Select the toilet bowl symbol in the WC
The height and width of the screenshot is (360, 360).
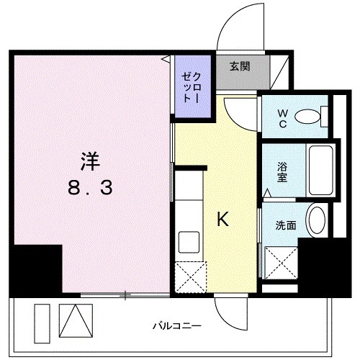tap(310, 115)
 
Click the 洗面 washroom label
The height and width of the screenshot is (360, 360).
tap(285, 225)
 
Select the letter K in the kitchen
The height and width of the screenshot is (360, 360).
tap(224, 220)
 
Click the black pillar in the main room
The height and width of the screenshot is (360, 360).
tap(36, 269)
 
